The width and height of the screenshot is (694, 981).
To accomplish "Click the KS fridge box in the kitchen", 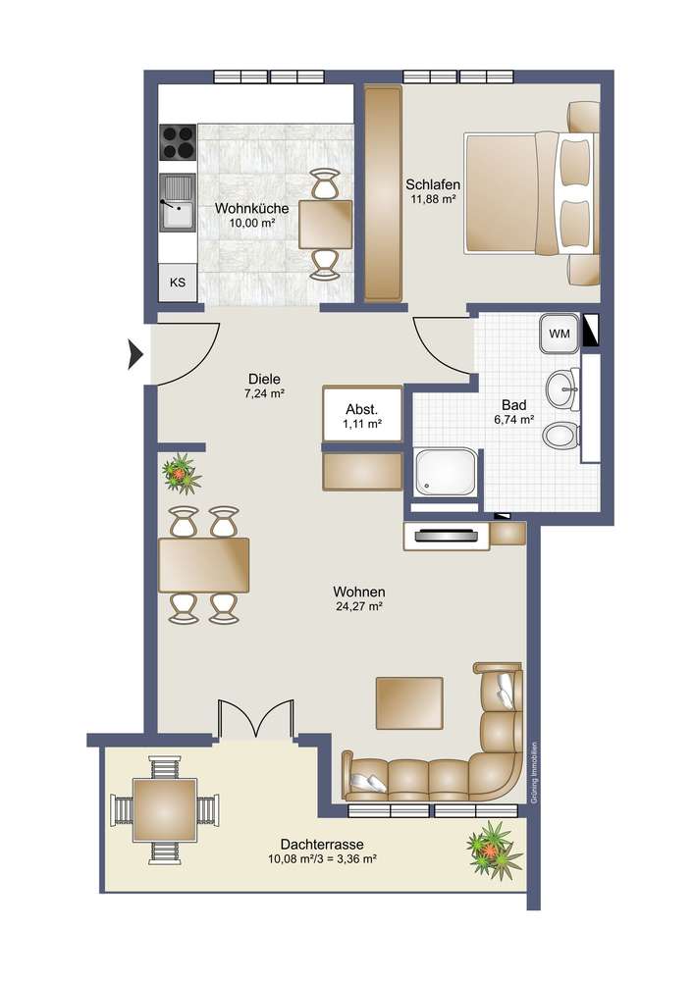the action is [178, 283].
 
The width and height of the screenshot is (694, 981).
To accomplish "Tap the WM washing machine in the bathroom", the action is [560, 333].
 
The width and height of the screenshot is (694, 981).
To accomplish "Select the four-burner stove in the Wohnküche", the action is [178, 142].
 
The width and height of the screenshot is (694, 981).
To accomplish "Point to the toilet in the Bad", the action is [561, 436].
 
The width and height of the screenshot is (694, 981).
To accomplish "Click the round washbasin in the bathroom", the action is [563, 389].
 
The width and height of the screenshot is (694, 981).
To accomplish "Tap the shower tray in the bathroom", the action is [445, 472].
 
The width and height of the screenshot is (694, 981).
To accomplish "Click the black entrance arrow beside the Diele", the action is [136, 355].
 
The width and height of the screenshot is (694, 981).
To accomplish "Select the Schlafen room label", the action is [433, 184].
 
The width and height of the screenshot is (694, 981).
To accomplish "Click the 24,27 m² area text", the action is [358, 605].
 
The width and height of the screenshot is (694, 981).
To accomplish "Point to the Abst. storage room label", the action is [361, 410].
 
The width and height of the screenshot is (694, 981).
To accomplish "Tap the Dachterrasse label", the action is [322, 844].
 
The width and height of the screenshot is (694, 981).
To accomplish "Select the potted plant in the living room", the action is [182, 474].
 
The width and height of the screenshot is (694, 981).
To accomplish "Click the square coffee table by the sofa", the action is [409, 703].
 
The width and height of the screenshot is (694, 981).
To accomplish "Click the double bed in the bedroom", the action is [531, 192].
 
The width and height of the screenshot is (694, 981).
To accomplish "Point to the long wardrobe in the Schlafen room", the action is [383, 194].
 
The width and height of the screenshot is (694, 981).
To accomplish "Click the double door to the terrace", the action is [255, 719].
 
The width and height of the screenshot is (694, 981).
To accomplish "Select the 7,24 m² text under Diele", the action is [265, 393].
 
